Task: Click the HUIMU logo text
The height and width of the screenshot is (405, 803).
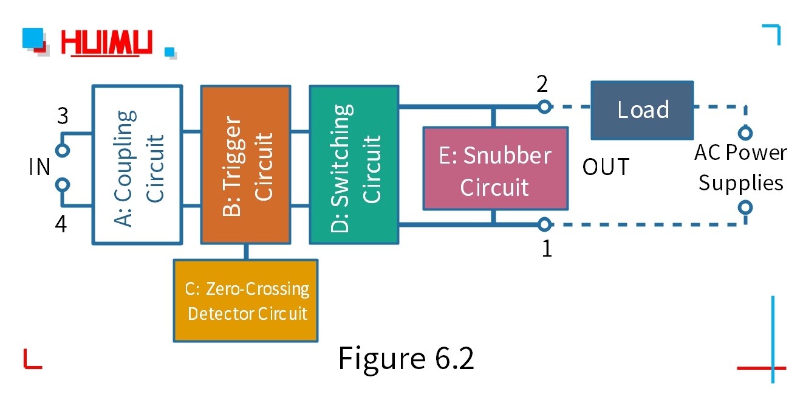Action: pyautogui.click(x=107, y=44)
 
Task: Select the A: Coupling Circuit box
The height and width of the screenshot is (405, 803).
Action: pyautogui.click(x=137, y=165)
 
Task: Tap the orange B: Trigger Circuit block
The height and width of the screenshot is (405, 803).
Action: pyautogui.click(x=245, y=165)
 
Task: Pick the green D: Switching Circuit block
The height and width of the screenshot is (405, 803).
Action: pyautogui.click(x=354, y=165)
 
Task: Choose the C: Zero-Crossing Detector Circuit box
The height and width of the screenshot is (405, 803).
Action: pyautogui.click(x=245, y=301)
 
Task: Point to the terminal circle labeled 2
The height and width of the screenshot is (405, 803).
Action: pyautogui.click(x=544, y=107)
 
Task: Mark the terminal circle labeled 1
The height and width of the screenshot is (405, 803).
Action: pyautogui.click(x=544, y=226)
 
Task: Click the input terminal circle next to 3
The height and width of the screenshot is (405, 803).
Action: pyautogui.click(x=62, y=150)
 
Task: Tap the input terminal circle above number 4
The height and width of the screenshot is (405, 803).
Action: pyautogui.click(x=62, y=184)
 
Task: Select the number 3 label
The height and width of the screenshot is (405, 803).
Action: pyautogui.click(x=63, y=116)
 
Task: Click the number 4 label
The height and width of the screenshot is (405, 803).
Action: pyautogui.click(x=61, y=224)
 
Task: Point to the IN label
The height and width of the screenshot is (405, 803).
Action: pyautogui.click(x=39, y=167)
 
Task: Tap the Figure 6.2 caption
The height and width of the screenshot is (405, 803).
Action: pyautogui.click(x=406, y=358)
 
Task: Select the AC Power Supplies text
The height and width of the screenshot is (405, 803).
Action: pyautogui.click(x=740, y=168)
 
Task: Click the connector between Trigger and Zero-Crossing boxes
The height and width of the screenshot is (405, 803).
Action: pyautogui.click(x=245, y=252)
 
